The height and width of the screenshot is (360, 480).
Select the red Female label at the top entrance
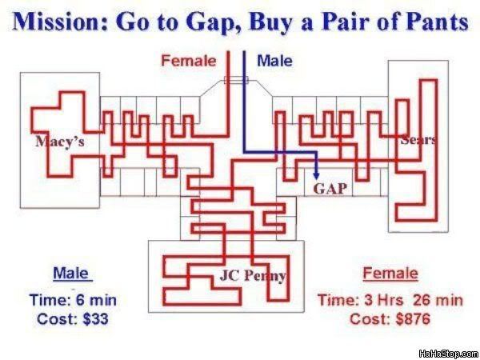click(x=189, y=61)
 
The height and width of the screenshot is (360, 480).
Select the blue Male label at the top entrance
click(x=274, y=61)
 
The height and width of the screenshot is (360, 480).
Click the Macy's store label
click(x=59, y=142)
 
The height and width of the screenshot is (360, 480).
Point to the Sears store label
click(x=418, y=140)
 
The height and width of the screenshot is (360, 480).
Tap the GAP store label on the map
click(x=330, y=189)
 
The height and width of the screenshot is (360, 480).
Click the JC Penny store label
click(x=252, y=277)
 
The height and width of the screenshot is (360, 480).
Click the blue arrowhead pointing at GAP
click(x=317, y=175)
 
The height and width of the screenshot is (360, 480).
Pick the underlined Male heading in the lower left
click(x=70, y=274)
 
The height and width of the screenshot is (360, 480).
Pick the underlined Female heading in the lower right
click(x=390, y=274)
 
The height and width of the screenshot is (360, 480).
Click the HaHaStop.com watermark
click(x=448, y=352)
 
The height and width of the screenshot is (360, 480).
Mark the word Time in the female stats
click(x=335, y=301)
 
